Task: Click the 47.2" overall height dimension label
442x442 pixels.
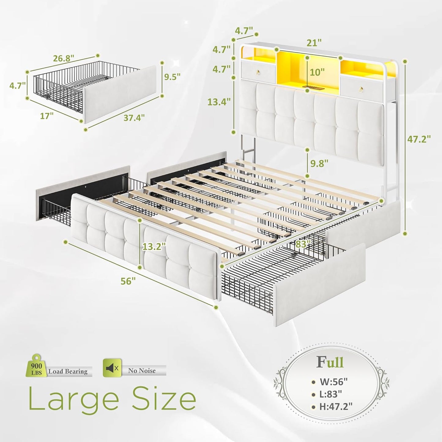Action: [419, 139]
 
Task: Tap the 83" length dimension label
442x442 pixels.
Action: [303, 244]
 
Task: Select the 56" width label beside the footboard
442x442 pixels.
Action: [128, 281]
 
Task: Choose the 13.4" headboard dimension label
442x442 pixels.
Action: [219, 102]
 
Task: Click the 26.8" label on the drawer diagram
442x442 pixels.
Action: [64, 58]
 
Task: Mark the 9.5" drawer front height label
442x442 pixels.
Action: [172, 76]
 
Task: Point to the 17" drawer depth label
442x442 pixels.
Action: [46, 116]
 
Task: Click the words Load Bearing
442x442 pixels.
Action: [68, 371]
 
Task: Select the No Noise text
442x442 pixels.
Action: [142, 371]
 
